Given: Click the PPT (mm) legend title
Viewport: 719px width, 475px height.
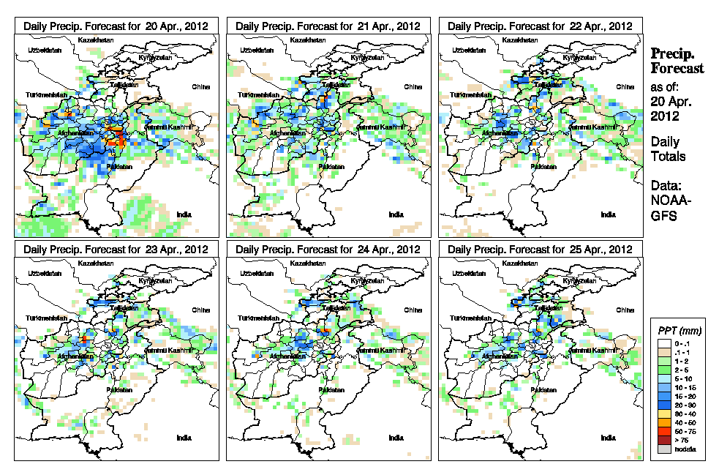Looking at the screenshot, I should (x=677, y=331).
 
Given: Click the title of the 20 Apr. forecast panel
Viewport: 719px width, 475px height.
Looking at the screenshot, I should (x=116, y=26).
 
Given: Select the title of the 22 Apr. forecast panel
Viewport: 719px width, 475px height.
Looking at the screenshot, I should (x=540, y=26).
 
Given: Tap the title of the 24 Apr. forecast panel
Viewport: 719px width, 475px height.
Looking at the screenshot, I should (x=328, y=249).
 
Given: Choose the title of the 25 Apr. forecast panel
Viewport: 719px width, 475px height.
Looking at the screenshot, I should (x=540, y=249).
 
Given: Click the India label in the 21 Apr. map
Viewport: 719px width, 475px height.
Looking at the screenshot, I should (x=396, y=214).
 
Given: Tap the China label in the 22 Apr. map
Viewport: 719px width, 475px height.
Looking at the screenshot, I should (x=625, y=86).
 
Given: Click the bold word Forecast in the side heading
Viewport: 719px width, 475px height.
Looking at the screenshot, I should (x=677, y=68).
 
